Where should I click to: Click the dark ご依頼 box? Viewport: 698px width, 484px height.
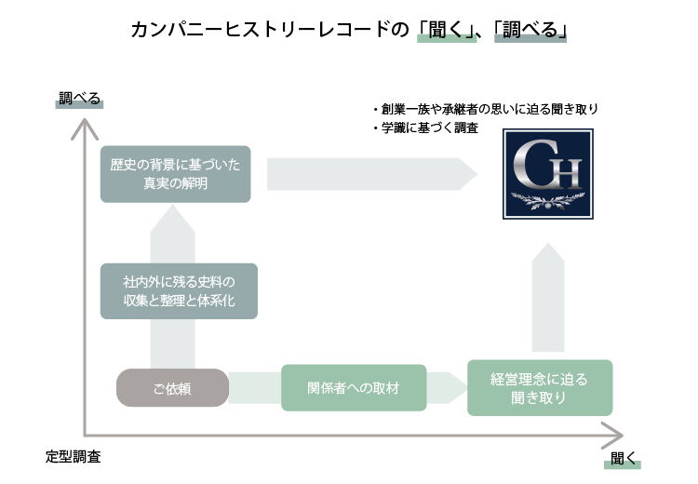coord(172,388)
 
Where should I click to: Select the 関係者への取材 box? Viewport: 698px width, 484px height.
coord(354,388)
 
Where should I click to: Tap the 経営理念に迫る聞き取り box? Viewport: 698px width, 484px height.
coord(540,388)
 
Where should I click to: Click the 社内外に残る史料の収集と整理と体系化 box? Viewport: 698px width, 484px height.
coord(178,291)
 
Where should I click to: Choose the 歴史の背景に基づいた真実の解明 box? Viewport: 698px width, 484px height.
coord(175,174)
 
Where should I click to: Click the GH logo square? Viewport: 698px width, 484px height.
coord(547,174)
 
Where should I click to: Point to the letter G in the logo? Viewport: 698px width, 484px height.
coord(534,166)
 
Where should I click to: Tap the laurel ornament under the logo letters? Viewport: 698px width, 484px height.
coord(547,197)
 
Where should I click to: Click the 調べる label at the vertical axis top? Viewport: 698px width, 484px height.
coord(79,98)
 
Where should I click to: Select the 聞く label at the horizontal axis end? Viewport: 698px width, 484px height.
coord(623,459)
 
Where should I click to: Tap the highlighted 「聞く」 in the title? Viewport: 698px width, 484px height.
coord(446,31)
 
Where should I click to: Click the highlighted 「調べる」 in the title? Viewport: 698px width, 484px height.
coord(530,31)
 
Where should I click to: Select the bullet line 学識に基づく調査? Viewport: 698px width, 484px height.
coord(426,128)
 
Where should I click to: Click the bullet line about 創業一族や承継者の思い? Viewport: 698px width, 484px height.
coord(486,109)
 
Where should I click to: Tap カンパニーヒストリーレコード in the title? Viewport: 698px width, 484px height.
coord(261,31)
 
